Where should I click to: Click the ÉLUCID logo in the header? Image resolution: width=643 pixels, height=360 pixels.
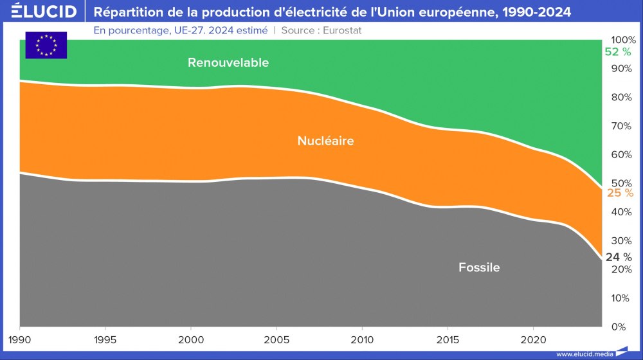point(44,12)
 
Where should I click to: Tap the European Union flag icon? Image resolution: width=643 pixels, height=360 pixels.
point(46,45)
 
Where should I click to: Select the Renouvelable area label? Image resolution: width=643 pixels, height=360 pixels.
point(228,62)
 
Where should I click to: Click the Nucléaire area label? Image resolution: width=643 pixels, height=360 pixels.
point(325,140)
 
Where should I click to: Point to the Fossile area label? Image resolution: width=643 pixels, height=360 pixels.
point(479,267)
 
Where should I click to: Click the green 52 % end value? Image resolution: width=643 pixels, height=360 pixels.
point(618,52)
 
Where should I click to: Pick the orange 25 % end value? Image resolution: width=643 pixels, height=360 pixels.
point(620,193)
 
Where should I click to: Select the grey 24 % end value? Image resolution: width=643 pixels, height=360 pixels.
point(618,257)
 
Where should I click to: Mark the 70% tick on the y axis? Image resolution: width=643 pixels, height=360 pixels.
point(620,125)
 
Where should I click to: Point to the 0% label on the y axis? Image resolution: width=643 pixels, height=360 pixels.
point(618,327)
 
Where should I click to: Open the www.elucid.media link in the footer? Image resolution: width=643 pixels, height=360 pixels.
point(582,354)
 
